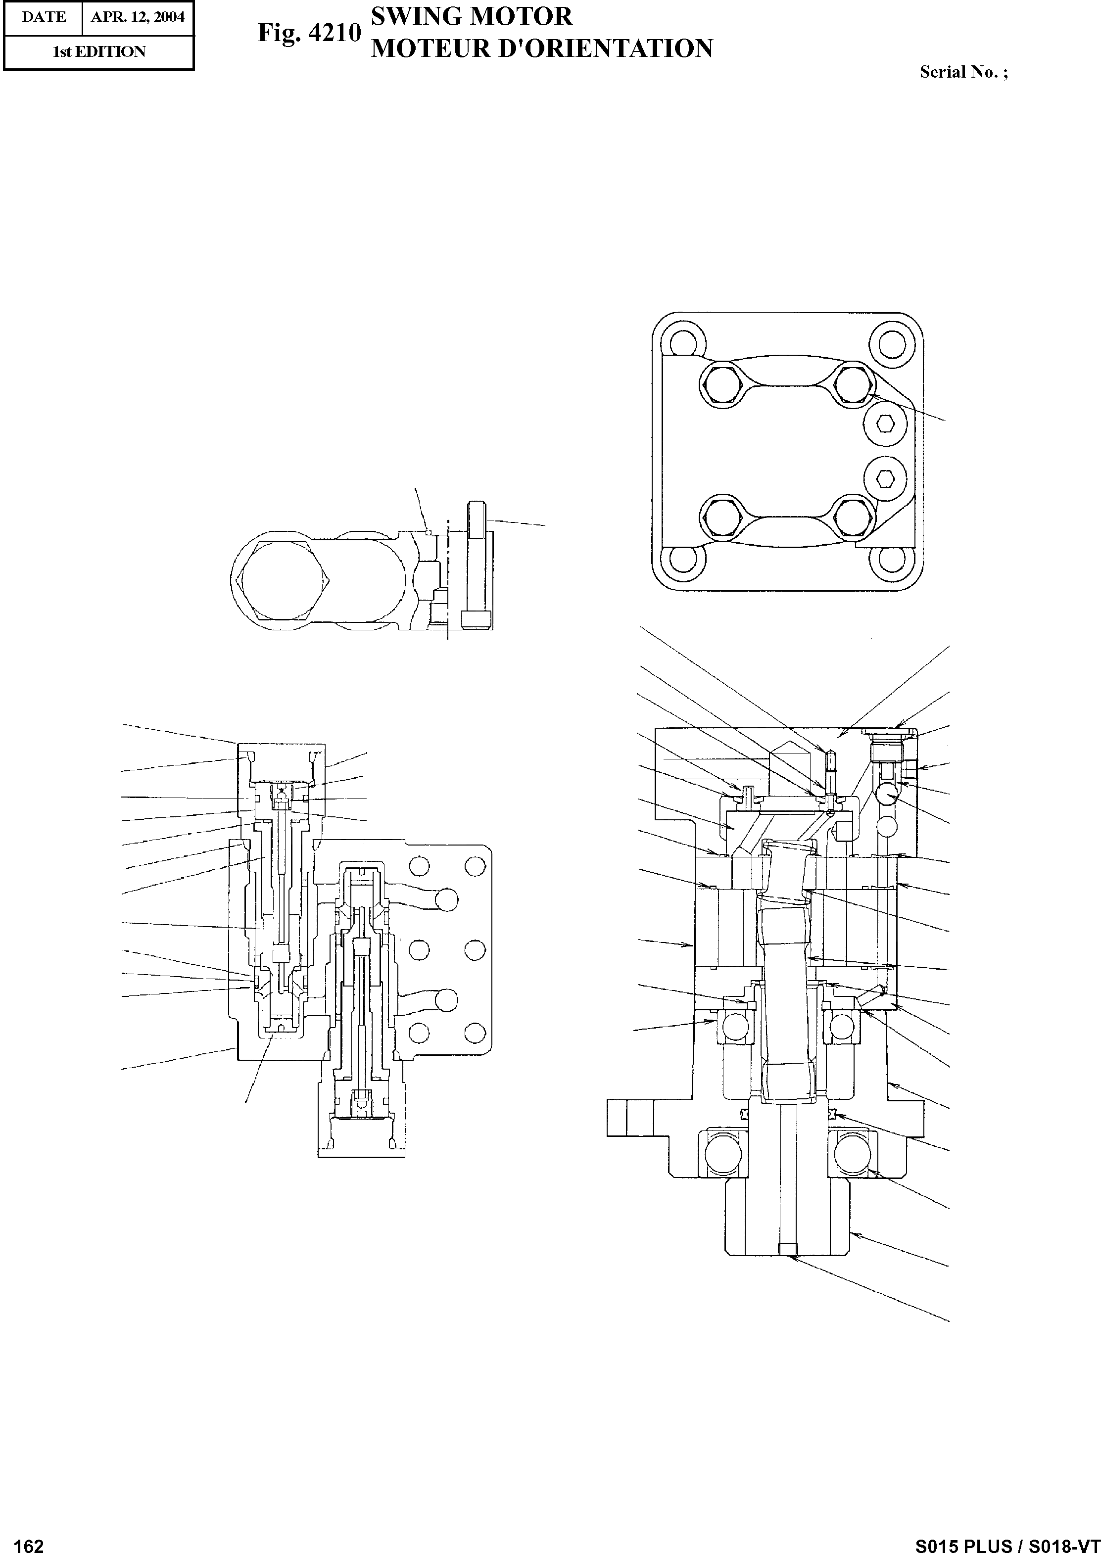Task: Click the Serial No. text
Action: pyautogui.click(x=963, y=73)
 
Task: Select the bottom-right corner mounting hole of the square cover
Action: pyautogui.click(x=887, y=561)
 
